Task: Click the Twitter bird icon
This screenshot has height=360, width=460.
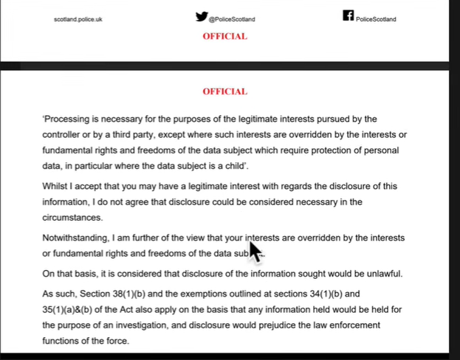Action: coord(202,16)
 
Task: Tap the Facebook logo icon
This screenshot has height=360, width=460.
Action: coord(349,15)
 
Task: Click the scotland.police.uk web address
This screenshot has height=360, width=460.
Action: coord(78,19)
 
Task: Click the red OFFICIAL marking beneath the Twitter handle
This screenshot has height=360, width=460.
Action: coord(225,36)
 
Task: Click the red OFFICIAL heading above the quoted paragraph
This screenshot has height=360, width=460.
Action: coord(225,92)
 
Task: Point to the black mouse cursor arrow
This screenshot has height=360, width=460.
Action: coord(255,250)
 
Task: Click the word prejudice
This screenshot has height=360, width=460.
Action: coord(264,325)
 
